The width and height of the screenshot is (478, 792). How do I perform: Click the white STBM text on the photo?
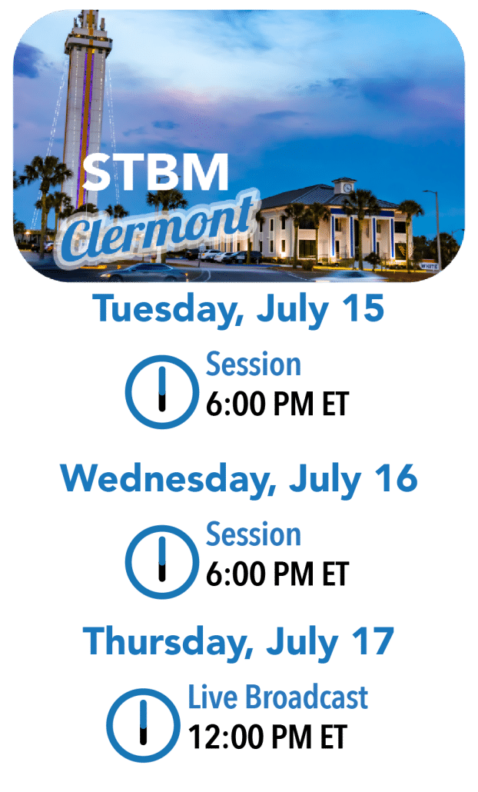point(155,172)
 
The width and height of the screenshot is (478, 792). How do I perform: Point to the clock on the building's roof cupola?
point(347,188)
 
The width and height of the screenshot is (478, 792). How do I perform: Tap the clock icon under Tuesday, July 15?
point(161,391)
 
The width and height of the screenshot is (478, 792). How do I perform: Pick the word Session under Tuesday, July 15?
point(254,364)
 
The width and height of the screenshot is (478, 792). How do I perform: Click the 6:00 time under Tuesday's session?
point(234,404)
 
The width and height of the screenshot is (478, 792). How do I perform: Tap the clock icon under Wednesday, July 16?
point(161,561)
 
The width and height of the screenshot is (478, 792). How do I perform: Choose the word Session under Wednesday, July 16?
point(254,534)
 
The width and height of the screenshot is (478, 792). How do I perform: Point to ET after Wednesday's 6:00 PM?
point(336,574)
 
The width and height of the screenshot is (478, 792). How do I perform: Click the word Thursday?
point(168,641)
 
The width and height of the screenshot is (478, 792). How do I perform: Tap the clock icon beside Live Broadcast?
point(144,725)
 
